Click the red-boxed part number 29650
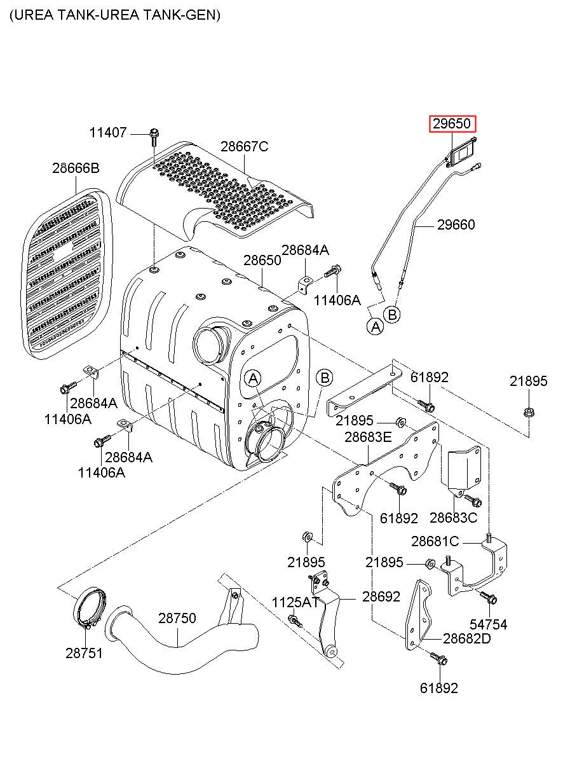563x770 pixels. pyautogui.click(x=452, y=123)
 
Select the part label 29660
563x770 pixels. pyautogui.click(x=456, y=224)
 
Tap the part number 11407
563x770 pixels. pyautogui.click(x=108, y=132)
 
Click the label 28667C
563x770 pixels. pyautogui.click(x=244, y=146)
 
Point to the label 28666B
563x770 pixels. pyautogui.click(x=76, y=168)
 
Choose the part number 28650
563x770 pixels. pyautogui.click(x=262, y=260)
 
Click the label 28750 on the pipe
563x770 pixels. pyautogui.click(x=177, y=618)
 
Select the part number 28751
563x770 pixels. pyautogui.click(x=84, y=653)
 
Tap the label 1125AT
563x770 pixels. pyautogui.click(x=295, y=602)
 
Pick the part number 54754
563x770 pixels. pyautogui.click(x=489, y=624)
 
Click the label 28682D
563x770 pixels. pyautogui.click(x=467, y=638)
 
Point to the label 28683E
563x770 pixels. pyautogui.click(x=368, y=437)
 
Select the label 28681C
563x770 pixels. pyautogui.click(x=435, y=541)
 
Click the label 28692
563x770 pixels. pyautogui.click(x=381, y=596)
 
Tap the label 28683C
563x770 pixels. pyautogui.click(x=454, y=518)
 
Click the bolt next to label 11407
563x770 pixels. pyautogui.click(x=154, y=137)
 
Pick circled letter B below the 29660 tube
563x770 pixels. pyautogui.click(x=392, y=315)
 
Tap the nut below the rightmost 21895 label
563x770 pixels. pyautogui.click(x=528, y=412)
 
